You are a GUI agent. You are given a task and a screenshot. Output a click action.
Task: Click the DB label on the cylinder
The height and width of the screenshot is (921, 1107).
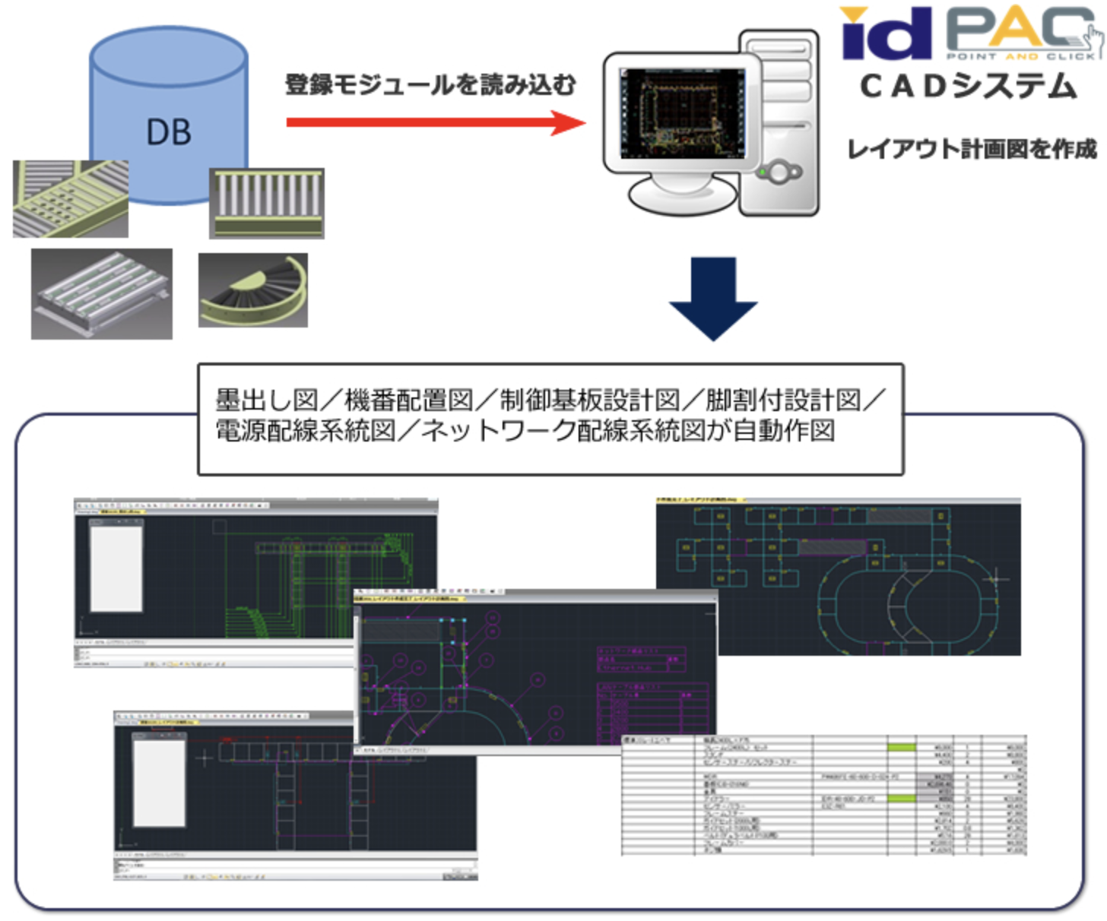point(168,132)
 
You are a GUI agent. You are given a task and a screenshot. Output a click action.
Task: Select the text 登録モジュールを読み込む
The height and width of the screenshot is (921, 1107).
point(430,85)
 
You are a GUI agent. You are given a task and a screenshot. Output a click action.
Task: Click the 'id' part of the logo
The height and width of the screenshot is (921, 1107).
point(887,35)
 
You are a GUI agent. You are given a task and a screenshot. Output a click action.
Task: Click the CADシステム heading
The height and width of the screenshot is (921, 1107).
point(969,87)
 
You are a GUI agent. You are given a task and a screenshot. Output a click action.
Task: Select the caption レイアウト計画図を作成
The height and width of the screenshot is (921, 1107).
point(972,149)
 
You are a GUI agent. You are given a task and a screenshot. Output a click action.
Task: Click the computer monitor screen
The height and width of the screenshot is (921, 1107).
point(682,114)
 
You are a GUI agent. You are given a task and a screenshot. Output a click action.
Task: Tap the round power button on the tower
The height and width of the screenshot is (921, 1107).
point(779,172)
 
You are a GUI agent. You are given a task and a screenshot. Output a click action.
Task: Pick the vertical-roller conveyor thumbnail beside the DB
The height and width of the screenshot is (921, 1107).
point(267,203)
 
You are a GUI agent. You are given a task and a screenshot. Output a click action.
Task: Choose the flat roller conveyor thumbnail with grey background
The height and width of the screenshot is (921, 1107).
point(101,294)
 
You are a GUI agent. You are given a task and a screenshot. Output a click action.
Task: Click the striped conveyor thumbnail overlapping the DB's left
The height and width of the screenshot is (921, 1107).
point(70,199)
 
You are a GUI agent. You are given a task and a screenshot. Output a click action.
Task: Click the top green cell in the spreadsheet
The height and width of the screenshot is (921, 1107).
point(902,748)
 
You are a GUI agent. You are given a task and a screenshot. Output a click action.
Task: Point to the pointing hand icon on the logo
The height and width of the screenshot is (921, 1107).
point(1093,40)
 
